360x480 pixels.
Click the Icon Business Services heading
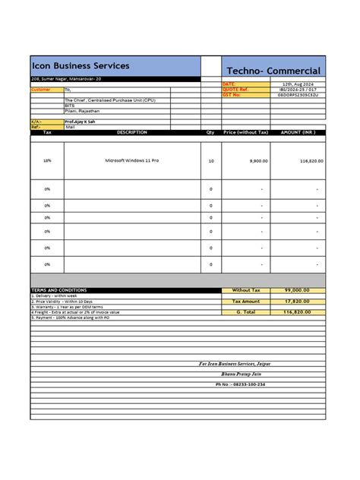point(81,66)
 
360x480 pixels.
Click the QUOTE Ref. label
point(235,89)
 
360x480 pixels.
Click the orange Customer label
point(41,90)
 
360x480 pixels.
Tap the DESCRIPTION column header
point(131,132)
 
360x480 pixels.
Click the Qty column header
point(210,132)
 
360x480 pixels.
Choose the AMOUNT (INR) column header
point(297,132)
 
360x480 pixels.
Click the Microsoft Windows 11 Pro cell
point(131,161)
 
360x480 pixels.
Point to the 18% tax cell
point(47,161)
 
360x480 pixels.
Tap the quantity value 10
point(210,161)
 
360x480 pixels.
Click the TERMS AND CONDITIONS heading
point(58,290)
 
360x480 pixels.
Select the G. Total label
point(246,311)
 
